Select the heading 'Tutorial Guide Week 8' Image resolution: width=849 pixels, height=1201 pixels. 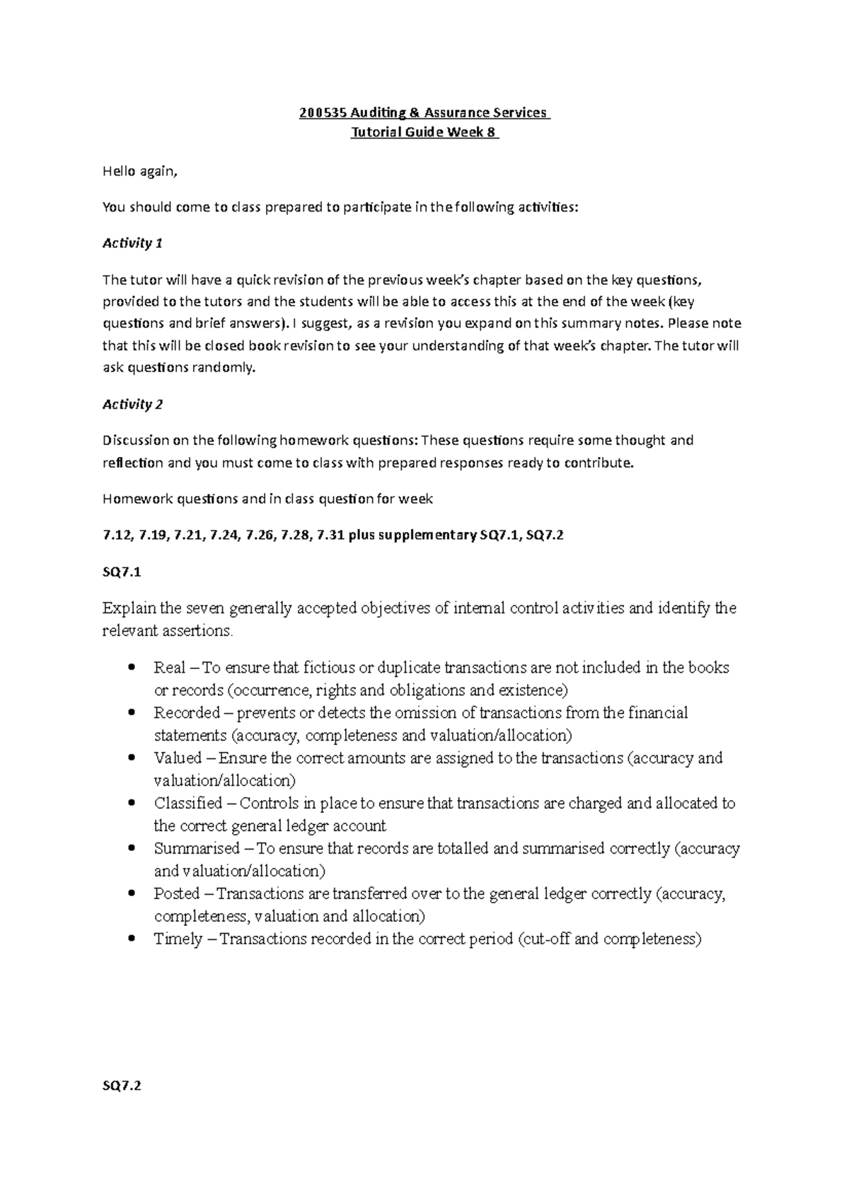click(424, 133)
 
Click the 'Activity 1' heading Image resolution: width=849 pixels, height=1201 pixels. click(132, 243)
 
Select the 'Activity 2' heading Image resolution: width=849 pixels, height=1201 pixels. click(132, 405)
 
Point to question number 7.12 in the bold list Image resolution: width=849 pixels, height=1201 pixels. click(117, 535)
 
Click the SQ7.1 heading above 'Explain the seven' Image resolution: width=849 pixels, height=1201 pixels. click(122, 572)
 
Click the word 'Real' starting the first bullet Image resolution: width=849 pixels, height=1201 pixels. click(169, 668)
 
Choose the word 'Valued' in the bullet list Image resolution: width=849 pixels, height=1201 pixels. click(178, 758)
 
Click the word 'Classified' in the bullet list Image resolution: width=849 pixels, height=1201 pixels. click(187, 803)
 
